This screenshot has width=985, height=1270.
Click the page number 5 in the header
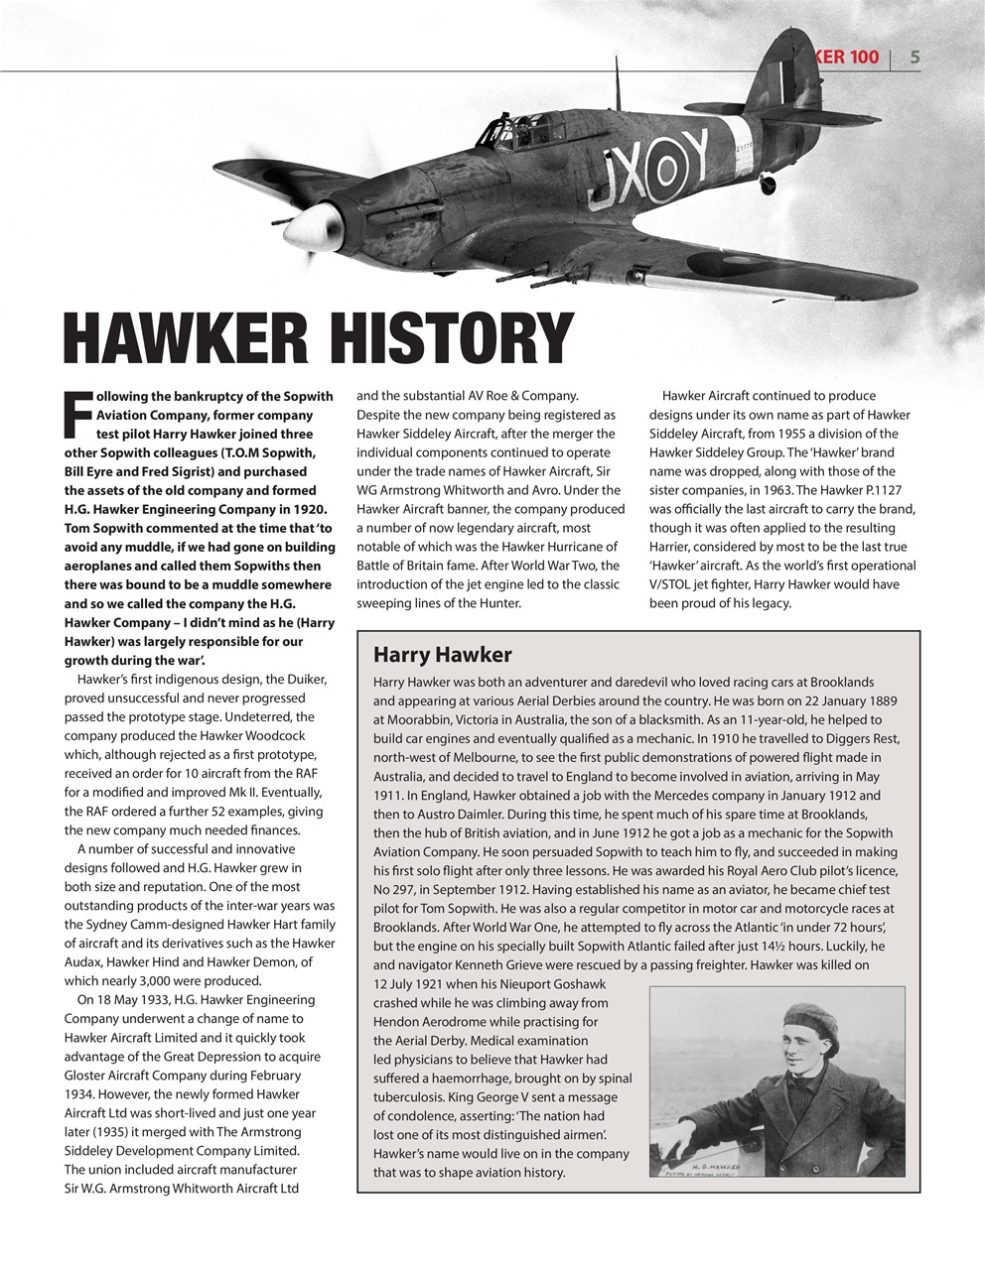(x=915, y=57)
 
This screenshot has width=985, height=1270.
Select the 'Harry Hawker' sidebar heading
(x=442, y=655)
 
